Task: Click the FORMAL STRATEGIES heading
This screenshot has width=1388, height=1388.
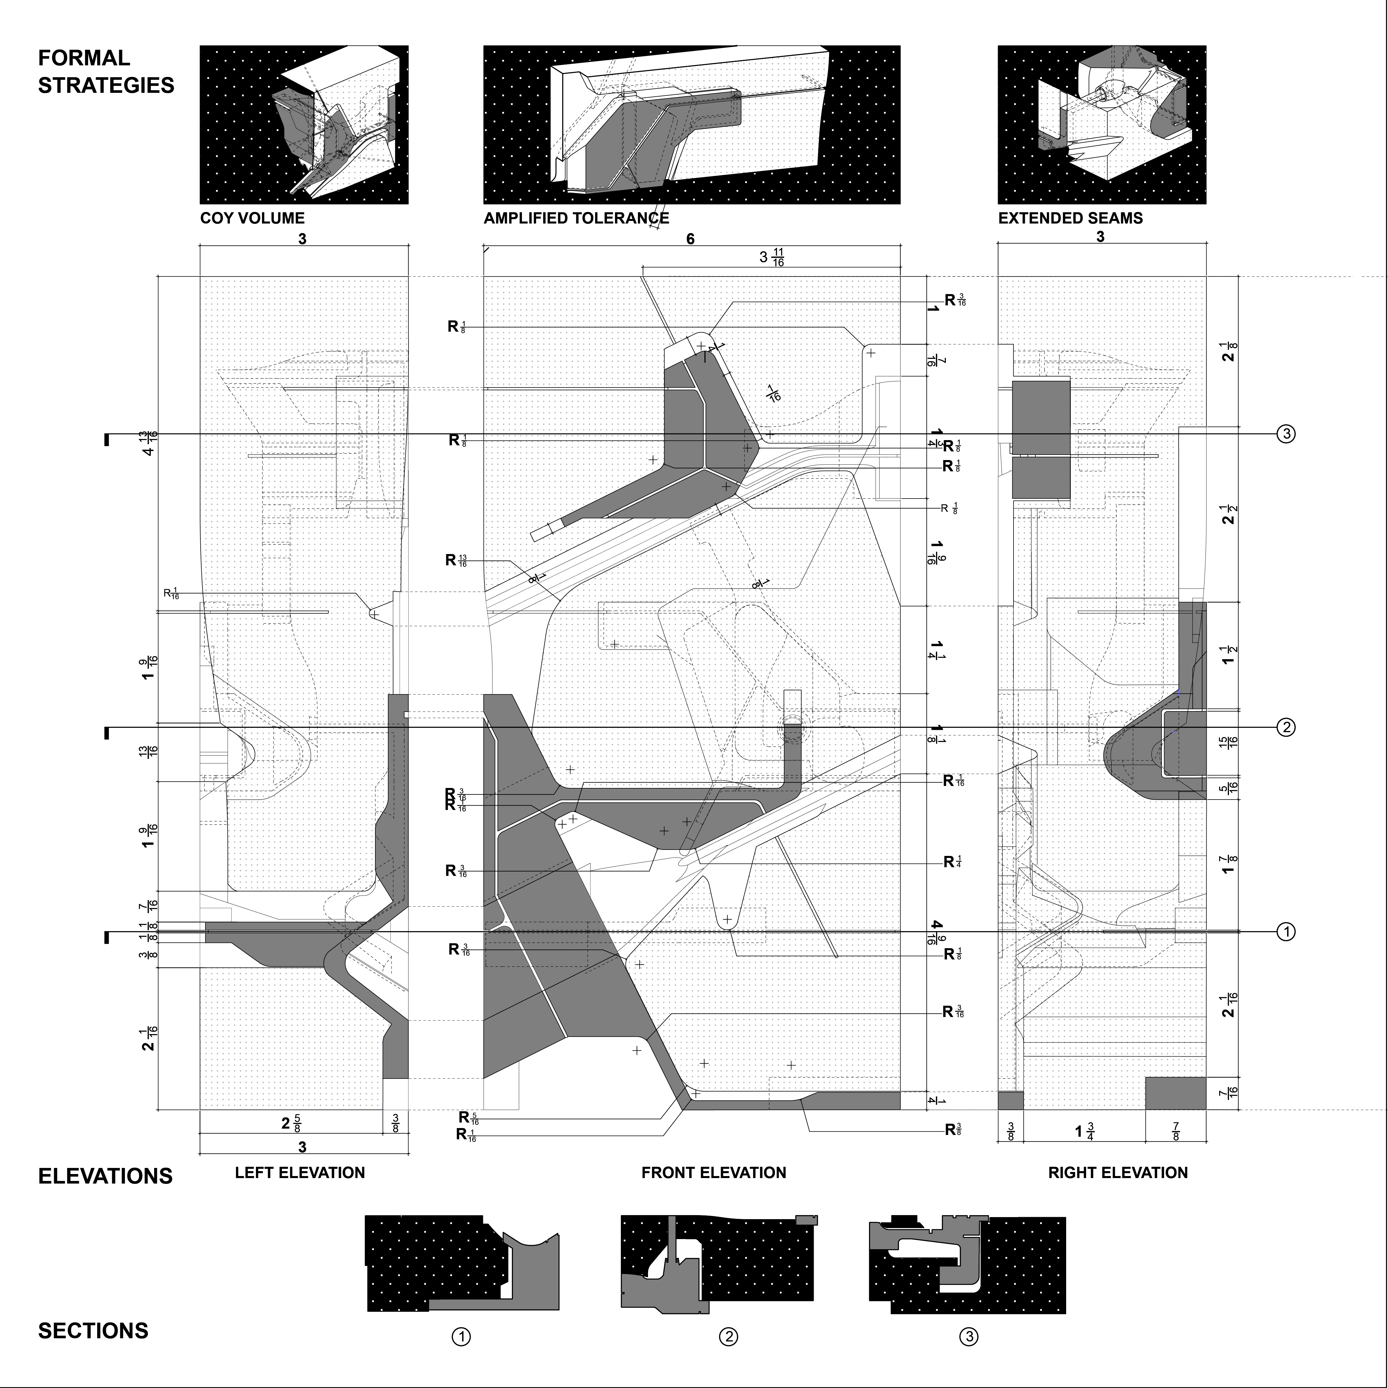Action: pos(106,71)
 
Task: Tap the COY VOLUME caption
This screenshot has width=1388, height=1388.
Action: pos(252,218)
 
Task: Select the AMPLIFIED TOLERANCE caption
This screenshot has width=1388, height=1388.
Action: pos(576,218)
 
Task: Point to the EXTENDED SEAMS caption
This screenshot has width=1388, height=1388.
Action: pos(1070,218)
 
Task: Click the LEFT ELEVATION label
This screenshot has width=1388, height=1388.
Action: pos(300,1173)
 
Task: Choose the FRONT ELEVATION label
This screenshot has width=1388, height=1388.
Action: pos(713,1173)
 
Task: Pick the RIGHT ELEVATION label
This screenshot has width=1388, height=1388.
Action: pos(1117,1173)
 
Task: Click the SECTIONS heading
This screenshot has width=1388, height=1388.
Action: pos(93,1330)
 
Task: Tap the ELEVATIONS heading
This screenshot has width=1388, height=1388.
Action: pos(105,1176)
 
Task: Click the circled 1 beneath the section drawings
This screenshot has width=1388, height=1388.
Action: pos(461,1337)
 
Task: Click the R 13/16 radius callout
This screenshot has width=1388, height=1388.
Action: pos(456,560)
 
